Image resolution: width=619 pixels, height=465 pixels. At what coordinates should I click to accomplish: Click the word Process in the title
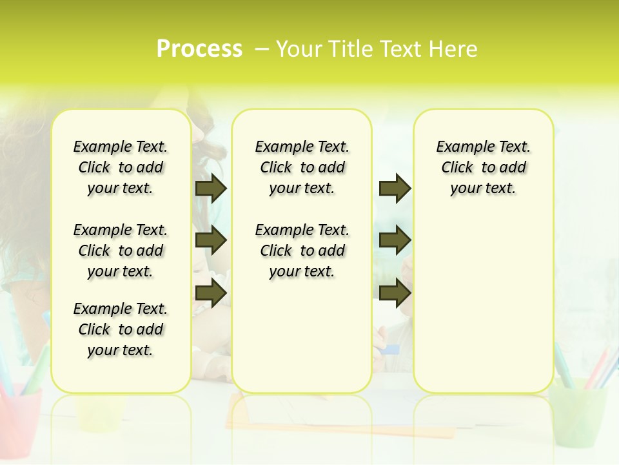(199, 49)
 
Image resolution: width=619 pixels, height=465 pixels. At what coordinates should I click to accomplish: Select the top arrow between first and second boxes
(211, 188)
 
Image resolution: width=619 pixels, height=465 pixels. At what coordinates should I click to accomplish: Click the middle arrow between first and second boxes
(211, 241)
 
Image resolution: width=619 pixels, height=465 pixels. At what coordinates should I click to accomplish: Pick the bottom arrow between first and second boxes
(211, 293)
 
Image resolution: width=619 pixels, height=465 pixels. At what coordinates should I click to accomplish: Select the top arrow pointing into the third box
(395, 188)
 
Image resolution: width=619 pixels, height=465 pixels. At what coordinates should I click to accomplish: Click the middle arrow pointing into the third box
(395, 241)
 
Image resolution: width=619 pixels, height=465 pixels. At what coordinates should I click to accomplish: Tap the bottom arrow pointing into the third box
(395, 293)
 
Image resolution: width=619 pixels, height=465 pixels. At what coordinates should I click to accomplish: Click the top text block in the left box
(121, 167)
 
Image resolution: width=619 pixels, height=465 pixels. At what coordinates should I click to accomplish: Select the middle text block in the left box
(121, 251)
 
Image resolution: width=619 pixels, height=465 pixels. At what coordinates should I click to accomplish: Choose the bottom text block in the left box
(121, 329)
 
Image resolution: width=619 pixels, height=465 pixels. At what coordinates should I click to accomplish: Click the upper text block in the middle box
(302, 167)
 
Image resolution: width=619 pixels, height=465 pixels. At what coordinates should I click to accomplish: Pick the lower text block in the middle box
(302, 251)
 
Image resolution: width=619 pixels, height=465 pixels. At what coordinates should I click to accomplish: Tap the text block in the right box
(484, 167)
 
